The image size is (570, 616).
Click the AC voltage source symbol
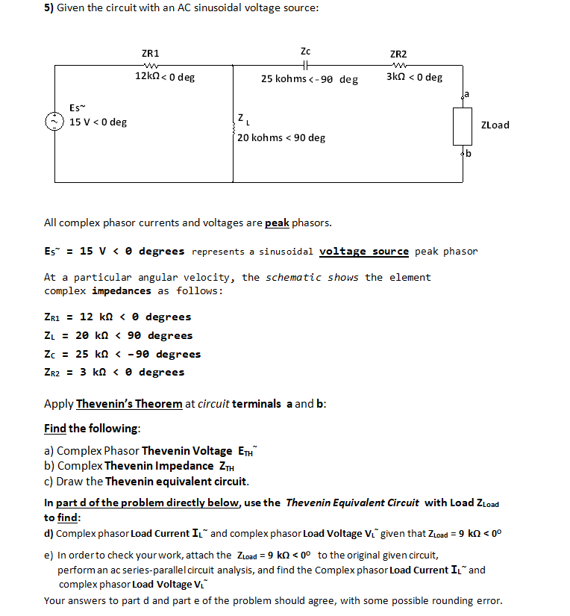54,120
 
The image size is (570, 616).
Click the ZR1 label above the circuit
150,54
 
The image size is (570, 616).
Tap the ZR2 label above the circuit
398,54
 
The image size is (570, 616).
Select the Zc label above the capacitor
305,52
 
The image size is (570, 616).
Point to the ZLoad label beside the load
495,125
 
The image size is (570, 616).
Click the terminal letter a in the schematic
468,94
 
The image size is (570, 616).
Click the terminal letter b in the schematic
469,155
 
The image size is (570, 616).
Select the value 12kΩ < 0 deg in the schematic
164,77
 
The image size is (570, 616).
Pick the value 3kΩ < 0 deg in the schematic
414,77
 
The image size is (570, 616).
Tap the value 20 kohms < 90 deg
282,138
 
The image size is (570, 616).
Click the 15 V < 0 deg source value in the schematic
98,122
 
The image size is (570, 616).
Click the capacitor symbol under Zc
305,64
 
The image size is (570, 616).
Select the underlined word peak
277,223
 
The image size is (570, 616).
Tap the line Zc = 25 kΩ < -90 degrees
123,354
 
